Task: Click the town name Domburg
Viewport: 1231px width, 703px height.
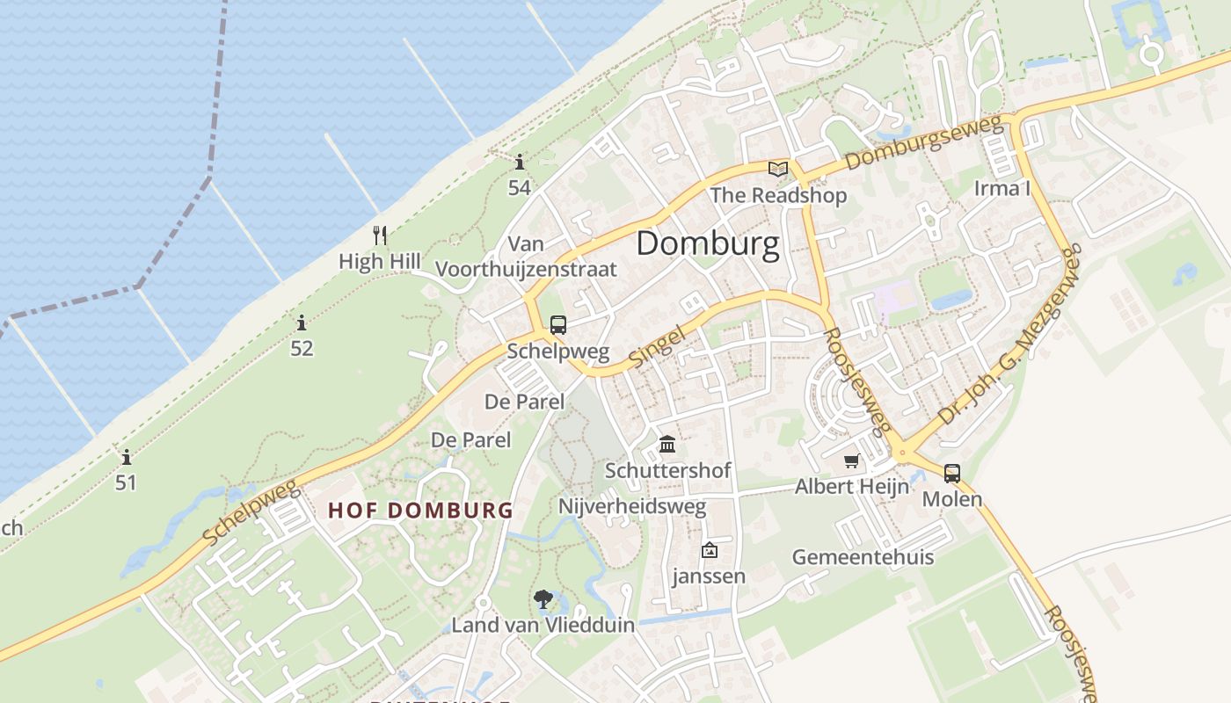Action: (x=707, y=243)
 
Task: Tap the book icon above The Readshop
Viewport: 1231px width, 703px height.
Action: (x=777, y=169)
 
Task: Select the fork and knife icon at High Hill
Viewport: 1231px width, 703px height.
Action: (x=380, y=235)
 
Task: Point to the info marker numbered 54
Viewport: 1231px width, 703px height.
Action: (x=520, y=162)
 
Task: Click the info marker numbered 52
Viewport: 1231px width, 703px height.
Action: (x=302, y=323)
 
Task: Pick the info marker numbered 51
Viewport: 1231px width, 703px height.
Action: (x=127, y=457)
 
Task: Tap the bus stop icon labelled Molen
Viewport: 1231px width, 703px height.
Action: (x=951, y=474)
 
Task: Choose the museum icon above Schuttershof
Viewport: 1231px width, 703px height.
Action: (x=667, y=444)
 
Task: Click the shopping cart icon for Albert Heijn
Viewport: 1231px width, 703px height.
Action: (x=851, y=460)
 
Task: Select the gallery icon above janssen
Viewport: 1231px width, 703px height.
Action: (x=709, y=551)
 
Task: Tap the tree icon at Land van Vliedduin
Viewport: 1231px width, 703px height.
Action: (x=543, y=599)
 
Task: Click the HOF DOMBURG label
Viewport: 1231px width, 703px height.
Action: (x=420, y=511)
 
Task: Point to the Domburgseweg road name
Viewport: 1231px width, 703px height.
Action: (x=925, y=142)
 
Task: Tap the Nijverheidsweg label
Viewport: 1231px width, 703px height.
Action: (x=632, y=507)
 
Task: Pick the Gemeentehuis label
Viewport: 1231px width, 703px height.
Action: (x=863, y=557)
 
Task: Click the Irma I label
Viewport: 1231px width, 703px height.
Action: (x=1002, y=188)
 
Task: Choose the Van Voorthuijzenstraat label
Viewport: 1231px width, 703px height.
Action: (x=527, y=257)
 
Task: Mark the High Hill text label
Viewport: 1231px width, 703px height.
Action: (x=380, y=261)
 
